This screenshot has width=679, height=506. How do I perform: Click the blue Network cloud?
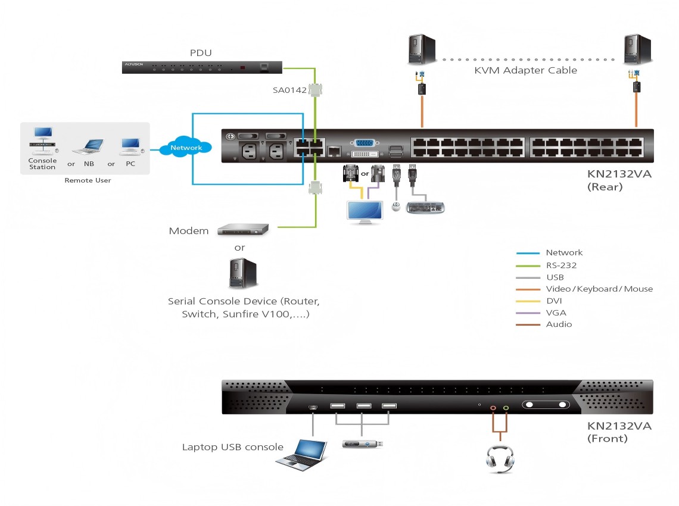[186, 147]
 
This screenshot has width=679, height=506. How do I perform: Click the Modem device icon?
[243, 229]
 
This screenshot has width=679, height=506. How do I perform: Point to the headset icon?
[499, 458]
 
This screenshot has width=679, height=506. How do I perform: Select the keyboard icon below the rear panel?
[425, 208]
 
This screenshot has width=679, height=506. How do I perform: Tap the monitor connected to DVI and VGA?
[365, 212]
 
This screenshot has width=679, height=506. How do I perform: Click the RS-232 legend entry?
[561, 265]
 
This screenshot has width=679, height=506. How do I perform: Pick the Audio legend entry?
[559, 324]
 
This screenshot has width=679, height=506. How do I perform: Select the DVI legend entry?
[554, 301]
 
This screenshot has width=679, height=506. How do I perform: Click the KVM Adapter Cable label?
[525, 70]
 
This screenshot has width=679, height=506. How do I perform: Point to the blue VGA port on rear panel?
[364, 143]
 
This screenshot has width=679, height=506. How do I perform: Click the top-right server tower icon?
[636, 50]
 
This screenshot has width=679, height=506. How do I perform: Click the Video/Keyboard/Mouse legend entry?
[599, 289]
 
